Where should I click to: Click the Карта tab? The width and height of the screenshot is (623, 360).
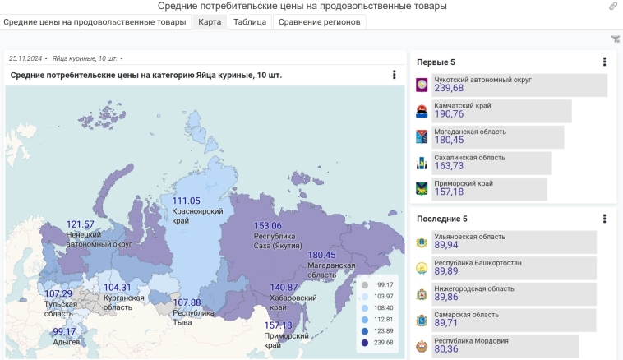[210, 22]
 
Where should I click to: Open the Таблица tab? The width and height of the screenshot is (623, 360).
[249, 22]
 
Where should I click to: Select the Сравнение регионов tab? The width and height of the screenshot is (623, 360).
[319, 22]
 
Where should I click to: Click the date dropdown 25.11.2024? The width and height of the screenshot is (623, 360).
[28, 58]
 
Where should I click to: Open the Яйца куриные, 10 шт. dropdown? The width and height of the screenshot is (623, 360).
[87, 58]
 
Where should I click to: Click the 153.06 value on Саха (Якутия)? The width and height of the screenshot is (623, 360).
[267, 226]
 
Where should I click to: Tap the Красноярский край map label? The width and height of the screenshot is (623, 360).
[187, 216]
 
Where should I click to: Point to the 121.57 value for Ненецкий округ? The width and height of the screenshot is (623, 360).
[81, 224]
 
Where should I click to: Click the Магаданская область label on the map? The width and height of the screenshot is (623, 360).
[332, 270]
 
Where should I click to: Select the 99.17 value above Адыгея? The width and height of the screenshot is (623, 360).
[64, 331]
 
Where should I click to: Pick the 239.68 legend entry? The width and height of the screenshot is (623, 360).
[383, 342]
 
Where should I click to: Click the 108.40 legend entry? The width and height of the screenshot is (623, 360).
[383, 307]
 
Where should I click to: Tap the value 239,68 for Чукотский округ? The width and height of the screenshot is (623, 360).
[449, 89]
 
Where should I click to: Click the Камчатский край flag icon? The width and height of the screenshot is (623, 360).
[422, 111]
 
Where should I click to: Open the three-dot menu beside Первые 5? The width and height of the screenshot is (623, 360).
[604, 62]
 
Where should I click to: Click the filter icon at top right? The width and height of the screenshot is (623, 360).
[616, 39]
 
